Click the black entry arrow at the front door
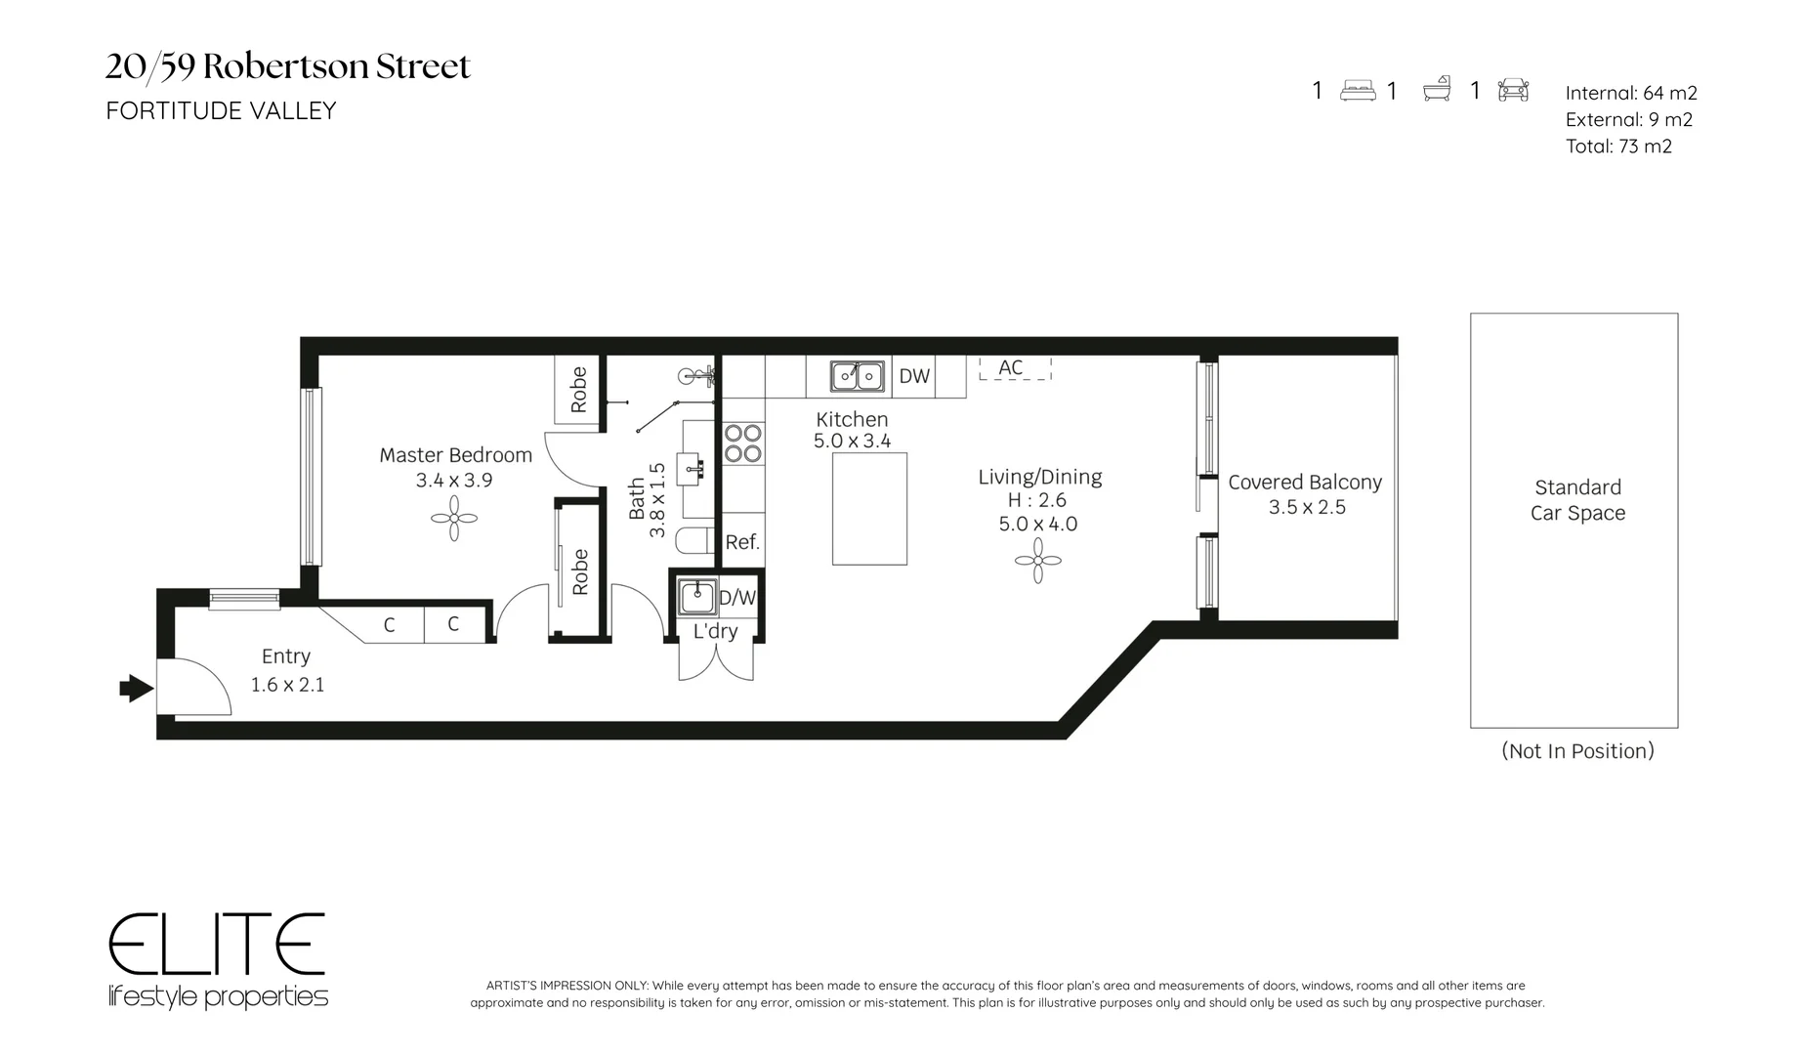pos(137,689)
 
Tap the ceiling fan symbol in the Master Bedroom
pos(454,518)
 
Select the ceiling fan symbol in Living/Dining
pos(1037,561)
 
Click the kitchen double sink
pos(857,375)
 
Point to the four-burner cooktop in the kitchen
pos(742,443)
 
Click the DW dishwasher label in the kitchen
pos(914,376)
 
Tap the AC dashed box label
pos(1011,367)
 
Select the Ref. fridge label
pos(742,542)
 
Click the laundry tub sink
pos(696,596)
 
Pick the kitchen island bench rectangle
pos(869,509)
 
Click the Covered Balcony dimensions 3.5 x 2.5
pos(1307,508)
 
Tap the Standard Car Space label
pos(1577,500)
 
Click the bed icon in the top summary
pos(1358,91)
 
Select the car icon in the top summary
pos(1513,90)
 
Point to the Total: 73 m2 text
pos(1618,147)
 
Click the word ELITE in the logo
pos(216,945)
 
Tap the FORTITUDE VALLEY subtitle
pos(221,111)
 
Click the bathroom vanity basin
pos(696,469)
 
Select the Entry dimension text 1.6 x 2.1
pos(287,685)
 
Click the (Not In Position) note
pos(1577,751)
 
